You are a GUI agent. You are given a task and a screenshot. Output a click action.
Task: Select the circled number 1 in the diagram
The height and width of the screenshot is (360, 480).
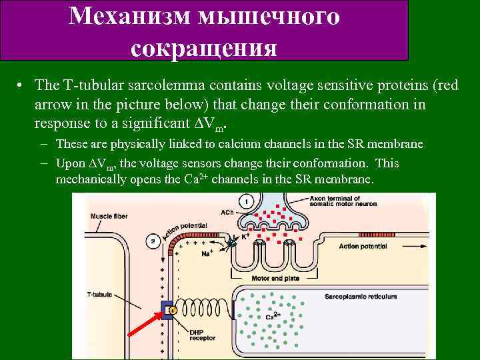pyautogui.click(x=247, y=201)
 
